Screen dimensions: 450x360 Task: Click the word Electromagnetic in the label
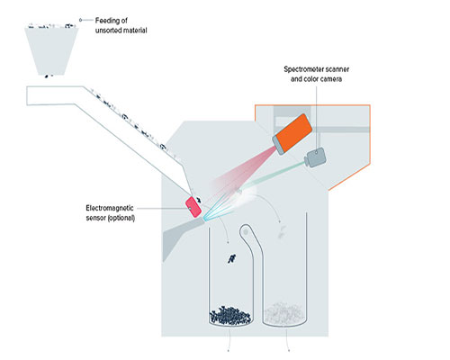point(110,208)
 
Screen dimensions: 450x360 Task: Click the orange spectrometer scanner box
point(292,134)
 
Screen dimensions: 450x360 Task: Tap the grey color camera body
point(315,157)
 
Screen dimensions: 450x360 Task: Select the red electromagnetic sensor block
point(193,206)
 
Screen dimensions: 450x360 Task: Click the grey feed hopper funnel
point(51,51)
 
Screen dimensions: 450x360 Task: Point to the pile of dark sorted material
point(230,316)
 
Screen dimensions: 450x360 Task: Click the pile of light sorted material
point(284,314)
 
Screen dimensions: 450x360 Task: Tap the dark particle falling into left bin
point(231,258)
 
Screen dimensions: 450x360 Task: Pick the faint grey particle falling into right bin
point(282,232)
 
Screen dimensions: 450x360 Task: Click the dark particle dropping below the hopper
point(47,76)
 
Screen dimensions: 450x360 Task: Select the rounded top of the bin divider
point(247,230)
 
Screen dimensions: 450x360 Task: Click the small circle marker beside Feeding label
point(80,20)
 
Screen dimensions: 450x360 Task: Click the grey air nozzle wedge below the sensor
point(180,236)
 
